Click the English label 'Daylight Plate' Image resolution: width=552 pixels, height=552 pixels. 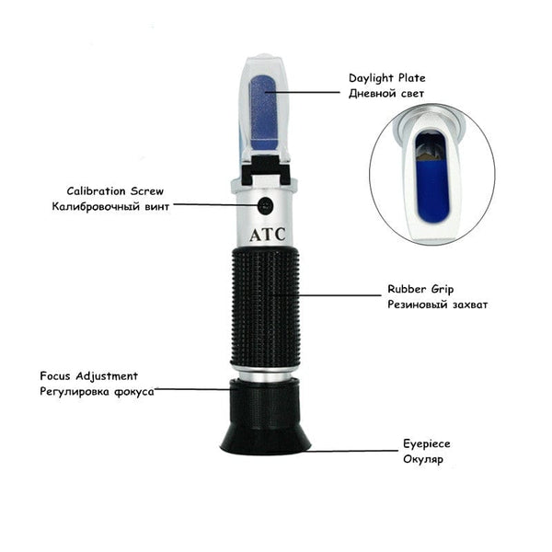(386, 79)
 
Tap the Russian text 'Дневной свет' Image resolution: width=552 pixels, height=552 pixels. (387, 95)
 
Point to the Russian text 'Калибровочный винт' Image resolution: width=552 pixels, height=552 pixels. (111, 206)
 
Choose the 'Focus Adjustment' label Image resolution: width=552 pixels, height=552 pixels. (89, 375)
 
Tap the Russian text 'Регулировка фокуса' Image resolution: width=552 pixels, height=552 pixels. (97, 391)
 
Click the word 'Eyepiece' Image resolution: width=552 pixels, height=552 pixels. (427, 443)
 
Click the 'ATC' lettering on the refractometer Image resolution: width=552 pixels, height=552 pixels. (268, 234)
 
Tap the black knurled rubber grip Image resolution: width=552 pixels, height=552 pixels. (267, 304)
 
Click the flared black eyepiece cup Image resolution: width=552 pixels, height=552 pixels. (266, 432)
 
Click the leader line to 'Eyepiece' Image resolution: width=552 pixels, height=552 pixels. (354, 451)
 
